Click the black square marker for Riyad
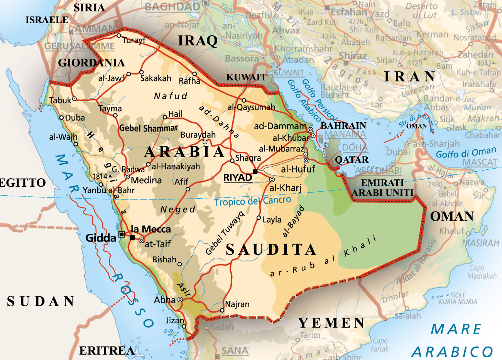pyautogui.click(x=255, y=171)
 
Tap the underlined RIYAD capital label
pyautogui.click(x=238, y=178)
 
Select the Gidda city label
pyautogui.click(x=101, y=238)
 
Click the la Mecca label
pyautogui.click(x=150, y=229)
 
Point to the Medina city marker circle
pyautogui.click(x=127, y=176)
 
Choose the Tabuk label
pyautogui.click(x=60, y=100)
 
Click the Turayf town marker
pyautogui.click(x=119, y=35)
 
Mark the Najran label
pyautogui.click(x=237, y=304)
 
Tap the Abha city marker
pyautogui.click(x=180, y=300)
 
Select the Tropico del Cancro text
pyautogui.click(x=253, y=201)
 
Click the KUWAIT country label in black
pyautogui.click(x=246, y=77)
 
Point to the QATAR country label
pyautogui.click(x=352, y=160)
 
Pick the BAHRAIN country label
pyautogui.click(x=343, y=126)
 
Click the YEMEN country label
pyautogui.click(x=331, y=323)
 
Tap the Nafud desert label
pyautogui.click(x=171, y=96)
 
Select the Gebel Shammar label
pyautogui.click(x=149, y=128)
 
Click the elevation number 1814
pyautogui.click(x=100, y=176)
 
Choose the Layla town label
pyautogui.click(x=272, y=220)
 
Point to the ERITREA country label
pyautogui.click(x=107, y=350)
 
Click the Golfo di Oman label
pyautogui.click(x=466, y=152)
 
